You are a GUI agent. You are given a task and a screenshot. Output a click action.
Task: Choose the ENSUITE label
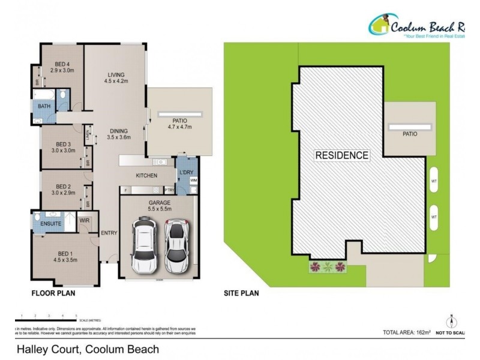coord(51,223)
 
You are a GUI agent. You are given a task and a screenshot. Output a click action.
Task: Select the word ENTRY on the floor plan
coord(109,233)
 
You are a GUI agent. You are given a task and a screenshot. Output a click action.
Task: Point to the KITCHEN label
coord(146,176)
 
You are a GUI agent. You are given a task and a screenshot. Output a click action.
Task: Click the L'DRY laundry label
coord(185,173)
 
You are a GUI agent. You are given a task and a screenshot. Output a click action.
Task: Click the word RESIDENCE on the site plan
coord(341,155)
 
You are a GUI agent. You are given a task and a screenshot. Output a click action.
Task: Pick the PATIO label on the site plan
coord(410,134)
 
